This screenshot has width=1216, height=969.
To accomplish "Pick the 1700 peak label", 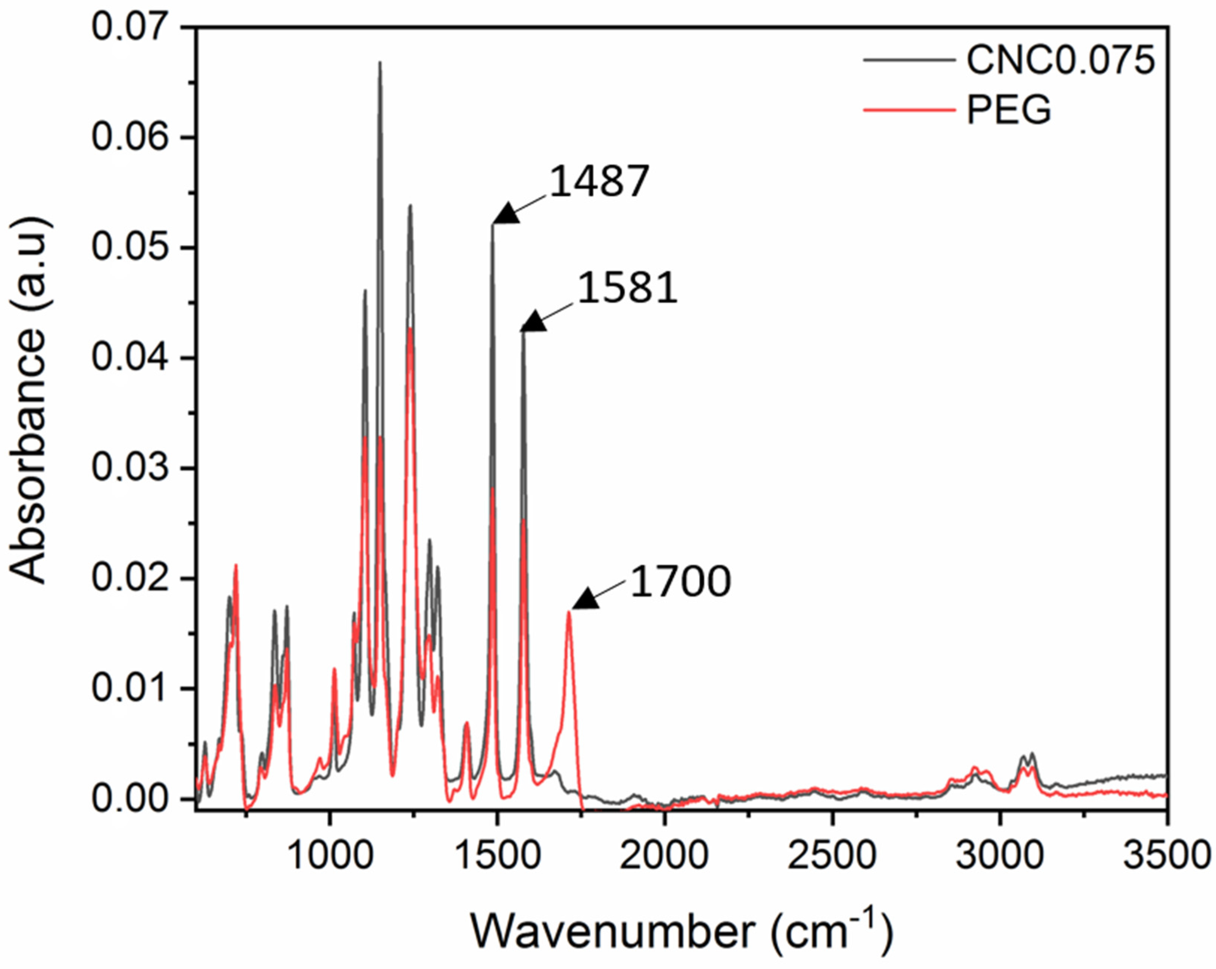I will tap(680, 582).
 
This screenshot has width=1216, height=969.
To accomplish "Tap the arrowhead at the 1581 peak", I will tap(533, 322).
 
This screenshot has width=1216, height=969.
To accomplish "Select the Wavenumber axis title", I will tap(681, 931).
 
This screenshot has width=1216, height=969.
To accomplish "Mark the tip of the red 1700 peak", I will tap(569, 612).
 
